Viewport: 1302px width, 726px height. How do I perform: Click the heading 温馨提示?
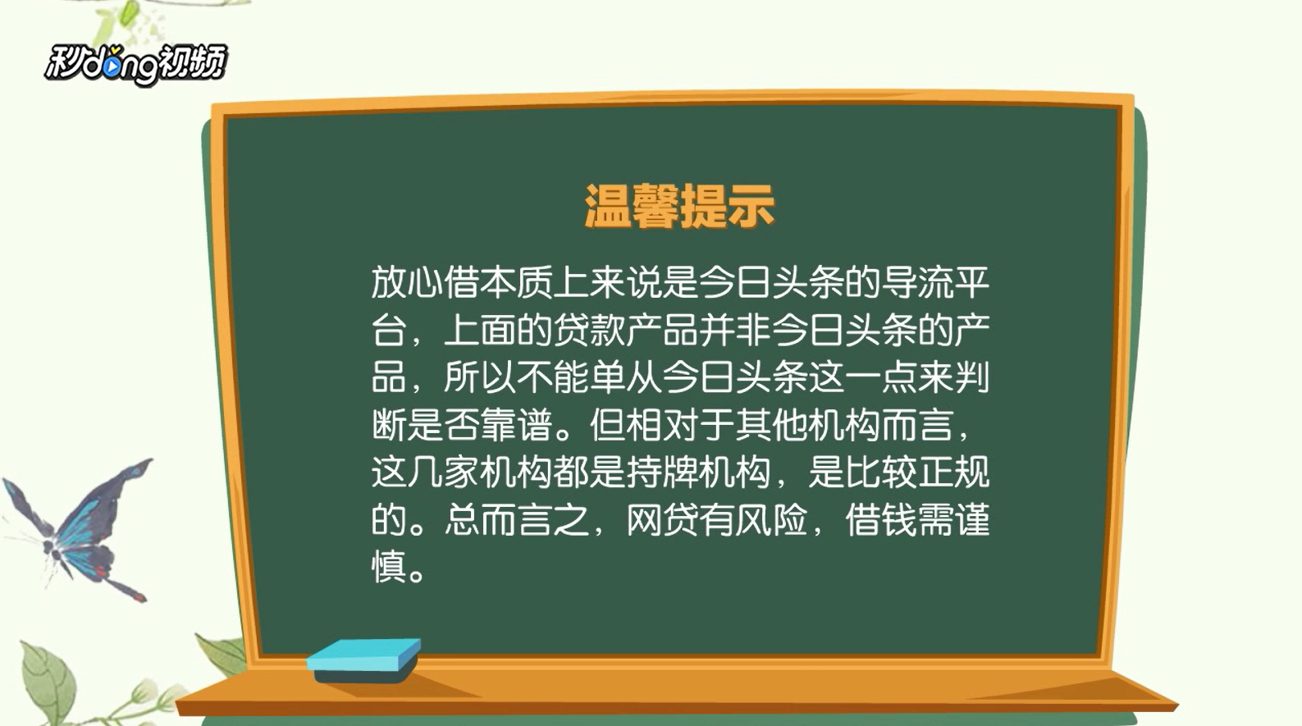click(x=679, y=206)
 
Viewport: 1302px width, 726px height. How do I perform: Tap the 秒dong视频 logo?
click(x=136, y=64)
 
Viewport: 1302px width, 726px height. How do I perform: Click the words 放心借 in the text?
click(x=426, y=283)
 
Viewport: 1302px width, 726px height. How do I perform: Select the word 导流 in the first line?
click(x=917, y=283)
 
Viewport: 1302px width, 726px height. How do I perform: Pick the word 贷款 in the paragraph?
click(x=589, y=331)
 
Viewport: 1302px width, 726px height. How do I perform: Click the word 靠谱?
click(x=516, y=425)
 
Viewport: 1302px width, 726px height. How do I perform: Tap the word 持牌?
click(x=662, y=472)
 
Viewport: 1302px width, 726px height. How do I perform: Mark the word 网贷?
click(x=662, y=519)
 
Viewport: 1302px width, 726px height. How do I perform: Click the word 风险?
click(x=771, y=519)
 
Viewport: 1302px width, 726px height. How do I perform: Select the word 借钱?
click(x=880, y=519)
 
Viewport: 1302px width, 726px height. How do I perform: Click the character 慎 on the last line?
click(x=389, y=567)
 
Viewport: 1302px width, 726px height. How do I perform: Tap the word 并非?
click(x=735, y=331)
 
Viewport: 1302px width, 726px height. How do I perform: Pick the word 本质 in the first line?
click(x=516, y=283)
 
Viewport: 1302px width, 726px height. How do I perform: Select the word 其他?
click(x=771, y=425)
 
